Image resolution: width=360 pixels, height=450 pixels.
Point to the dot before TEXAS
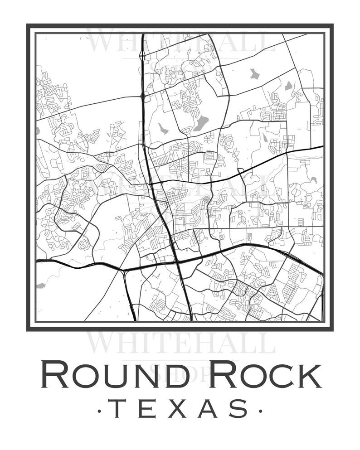(99, 411)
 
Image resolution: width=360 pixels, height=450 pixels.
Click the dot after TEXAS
(260, 411)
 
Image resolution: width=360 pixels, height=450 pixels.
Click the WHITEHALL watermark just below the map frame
(180, 343)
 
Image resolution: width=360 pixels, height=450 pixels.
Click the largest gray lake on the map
(201, 123)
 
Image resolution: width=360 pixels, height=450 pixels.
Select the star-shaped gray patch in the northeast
(253, 73)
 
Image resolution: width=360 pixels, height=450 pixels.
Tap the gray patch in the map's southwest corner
(41, 285)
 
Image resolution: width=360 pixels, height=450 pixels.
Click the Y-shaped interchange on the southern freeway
(124, 271)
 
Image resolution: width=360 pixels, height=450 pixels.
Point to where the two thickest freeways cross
(177, 261)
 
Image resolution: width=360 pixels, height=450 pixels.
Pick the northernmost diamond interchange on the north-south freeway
(143, 55)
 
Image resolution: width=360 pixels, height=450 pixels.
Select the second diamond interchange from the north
(143, 96)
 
